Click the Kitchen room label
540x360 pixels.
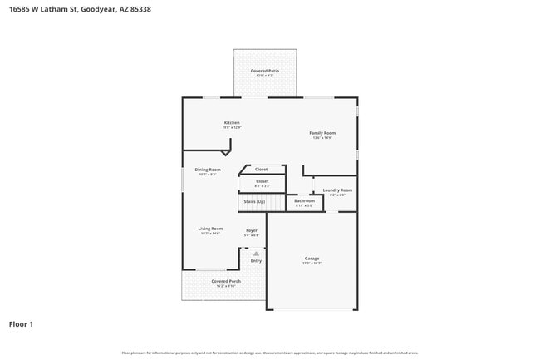pos(231,122)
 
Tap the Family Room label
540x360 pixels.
pos(322,133)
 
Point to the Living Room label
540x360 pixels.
pos(210,229)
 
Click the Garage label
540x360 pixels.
pos(312,258)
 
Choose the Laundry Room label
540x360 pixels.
pos(337,190)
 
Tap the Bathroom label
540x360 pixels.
pos(304,200)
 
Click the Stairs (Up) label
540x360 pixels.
pos(254,201)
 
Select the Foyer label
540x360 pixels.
pos(252,229)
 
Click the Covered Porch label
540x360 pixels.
pos(203,281)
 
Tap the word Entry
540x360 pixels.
pos(256,261)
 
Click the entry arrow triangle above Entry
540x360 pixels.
pos(256,253)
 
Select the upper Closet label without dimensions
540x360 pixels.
pos(261,169)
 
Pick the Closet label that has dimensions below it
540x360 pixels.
pos(262,180)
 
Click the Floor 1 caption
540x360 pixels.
pos(21,323)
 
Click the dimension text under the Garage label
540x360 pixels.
pos(312,263)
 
